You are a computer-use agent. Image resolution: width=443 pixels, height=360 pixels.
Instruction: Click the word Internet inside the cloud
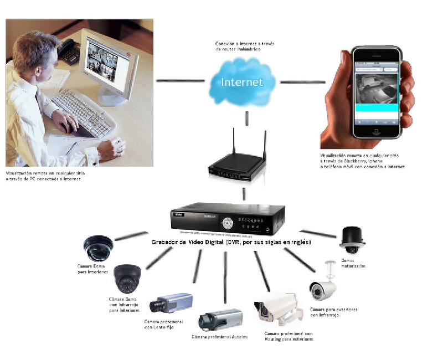pos(242,83)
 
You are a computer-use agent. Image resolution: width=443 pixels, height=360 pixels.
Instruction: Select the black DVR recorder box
pos(228,220)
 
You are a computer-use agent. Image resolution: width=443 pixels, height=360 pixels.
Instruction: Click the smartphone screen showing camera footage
pos(376,91)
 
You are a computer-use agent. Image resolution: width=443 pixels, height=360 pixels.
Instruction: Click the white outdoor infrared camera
pos(323,286)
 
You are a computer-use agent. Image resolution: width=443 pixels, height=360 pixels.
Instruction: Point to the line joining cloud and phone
pos(302,82)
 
